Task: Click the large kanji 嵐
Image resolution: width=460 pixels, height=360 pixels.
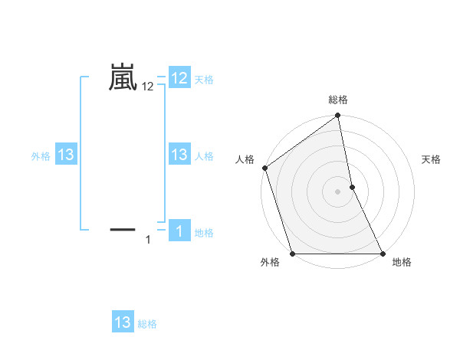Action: point(123,78)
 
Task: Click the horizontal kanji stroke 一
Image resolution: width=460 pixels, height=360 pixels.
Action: point(123,228)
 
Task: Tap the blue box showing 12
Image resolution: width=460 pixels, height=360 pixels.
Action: point(179,78)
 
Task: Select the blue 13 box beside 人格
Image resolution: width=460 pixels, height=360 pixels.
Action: point(179,155)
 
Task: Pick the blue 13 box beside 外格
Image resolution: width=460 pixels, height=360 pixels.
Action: point(66,155)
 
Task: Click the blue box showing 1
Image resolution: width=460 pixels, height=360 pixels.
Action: point(179,231)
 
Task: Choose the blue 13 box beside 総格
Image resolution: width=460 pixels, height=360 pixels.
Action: point(123,322)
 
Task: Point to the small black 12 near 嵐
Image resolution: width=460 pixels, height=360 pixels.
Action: point(148,87)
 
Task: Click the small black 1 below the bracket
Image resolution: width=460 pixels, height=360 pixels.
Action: point(148,241)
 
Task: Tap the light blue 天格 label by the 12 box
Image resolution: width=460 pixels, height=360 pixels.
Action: point(204,80)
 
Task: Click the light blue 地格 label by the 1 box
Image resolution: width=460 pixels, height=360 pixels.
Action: point(204,233)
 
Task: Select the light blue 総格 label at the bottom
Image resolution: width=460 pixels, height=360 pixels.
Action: point(147,324)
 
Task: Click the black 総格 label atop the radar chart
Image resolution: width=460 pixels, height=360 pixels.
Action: point(338,100)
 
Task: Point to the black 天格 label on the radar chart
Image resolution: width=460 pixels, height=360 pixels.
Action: point(432,159)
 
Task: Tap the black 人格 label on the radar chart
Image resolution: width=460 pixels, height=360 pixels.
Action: point(245,159)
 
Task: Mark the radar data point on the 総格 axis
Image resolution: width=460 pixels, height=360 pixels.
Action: point(338,116)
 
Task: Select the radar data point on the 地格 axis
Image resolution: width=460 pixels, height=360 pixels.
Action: point(383,254)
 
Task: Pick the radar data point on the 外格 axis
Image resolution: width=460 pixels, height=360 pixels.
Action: point(293,254)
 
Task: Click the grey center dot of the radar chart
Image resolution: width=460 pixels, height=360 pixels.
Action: point(338,191)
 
